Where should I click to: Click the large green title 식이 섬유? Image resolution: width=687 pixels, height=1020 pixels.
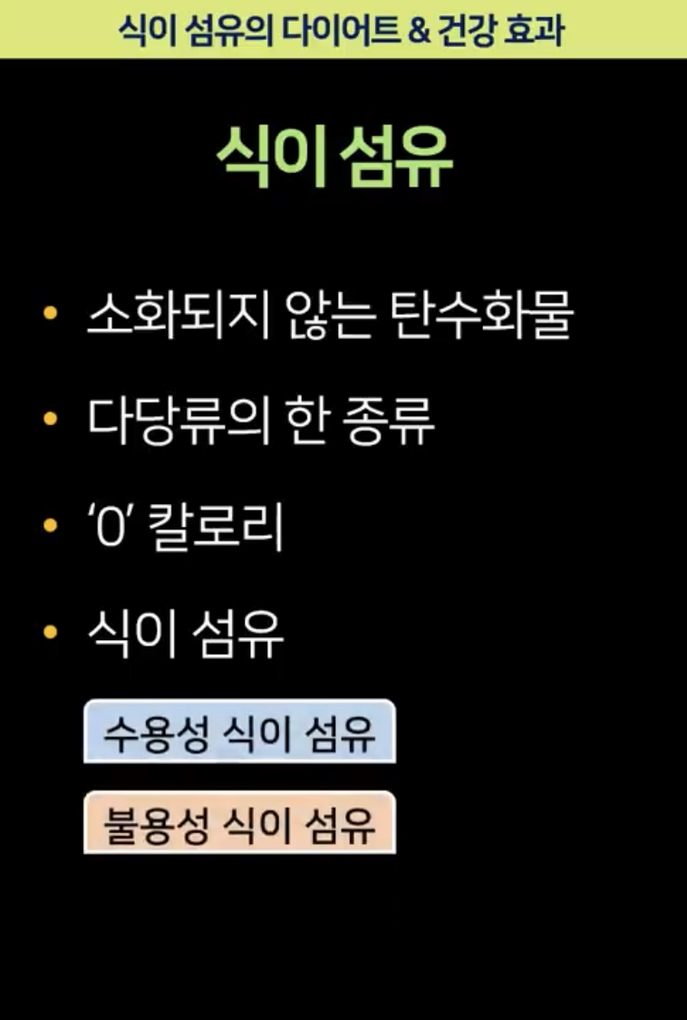(334, 160)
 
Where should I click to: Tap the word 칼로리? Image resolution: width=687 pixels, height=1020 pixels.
(216, 529)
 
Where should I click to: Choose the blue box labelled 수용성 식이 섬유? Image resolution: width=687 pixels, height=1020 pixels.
(239, 732)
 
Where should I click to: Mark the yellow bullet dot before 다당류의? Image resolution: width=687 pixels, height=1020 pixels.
(50, 420)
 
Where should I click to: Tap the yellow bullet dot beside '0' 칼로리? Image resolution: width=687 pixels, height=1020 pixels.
(50, 526)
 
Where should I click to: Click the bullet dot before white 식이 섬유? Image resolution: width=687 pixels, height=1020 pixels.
(50, 632)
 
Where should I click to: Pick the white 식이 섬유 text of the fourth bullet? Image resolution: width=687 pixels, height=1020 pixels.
(186, 634)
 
